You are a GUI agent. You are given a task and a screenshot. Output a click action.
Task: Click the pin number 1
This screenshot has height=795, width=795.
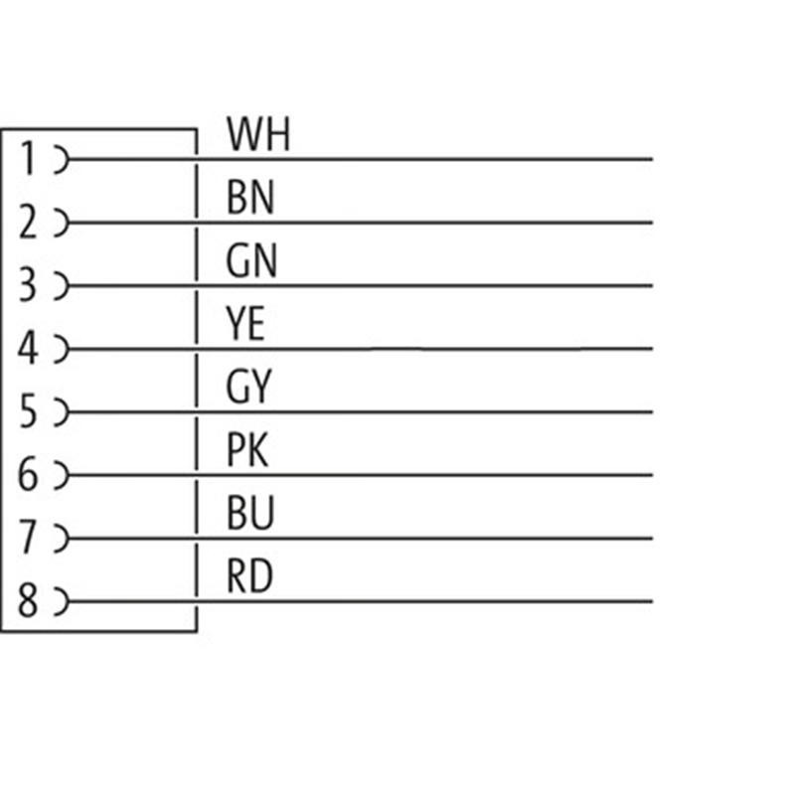point(29,159)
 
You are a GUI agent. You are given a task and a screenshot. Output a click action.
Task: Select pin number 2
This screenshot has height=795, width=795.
point(28,222)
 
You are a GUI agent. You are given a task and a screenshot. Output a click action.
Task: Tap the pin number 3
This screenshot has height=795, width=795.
point(28,285)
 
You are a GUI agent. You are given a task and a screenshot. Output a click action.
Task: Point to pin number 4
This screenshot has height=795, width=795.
point(28,348)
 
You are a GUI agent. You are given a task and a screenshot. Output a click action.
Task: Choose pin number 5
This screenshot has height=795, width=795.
point(28,411)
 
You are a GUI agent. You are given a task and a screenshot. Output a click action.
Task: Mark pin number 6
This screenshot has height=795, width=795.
point(28,474)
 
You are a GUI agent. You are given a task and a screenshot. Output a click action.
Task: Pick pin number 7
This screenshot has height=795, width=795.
point(28,538)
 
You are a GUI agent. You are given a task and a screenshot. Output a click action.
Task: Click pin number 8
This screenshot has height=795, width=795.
point(28,600)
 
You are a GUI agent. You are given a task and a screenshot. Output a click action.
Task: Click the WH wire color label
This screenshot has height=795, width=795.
point(258,134)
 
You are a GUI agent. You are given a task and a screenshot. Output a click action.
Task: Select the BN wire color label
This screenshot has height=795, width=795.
point(250,197)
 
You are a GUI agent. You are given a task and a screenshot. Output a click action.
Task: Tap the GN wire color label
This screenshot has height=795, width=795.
point(251,260)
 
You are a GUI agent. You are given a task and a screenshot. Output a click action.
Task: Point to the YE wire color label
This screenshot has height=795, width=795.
point(245,324)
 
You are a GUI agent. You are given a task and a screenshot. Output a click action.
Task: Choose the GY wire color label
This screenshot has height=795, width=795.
point(249,387)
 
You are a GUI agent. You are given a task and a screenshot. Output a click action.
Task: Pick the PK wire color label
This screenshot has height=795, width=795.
point(246,450)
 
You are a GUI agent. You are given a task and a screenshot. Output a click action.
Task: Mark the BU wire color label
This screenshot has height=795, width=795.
point(250,513)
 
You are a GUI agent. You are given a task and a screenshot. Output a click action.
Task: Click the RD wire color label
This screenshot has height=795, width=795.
point(250,576)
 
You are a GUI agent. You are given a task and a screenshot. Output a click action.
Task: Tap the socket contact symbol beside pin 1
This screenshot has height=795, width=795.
point(67,159)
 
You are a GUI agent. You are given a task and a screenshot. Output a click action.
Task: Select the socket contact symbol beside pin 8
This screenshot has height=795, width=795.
point(67,601)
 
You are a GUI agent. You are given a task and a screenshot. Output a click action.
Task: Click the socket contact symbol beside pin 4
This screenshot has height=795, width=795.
point(67,349)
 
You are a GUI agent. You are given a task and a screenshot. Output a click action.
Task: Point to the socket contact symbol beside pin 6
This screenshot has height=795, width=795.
point(67,475)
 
